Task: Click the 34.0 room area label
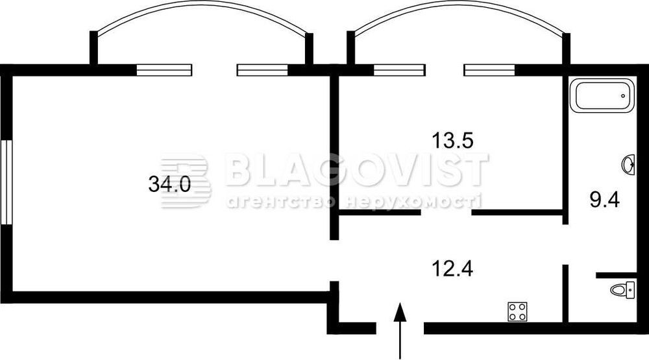[x=169, y=184]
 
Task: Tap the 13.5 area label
[x=452, y=140]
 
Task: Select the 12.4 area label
[x=452, y=269]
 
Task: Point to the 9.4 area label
[x=604, y=200]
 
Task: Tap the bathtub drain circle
[x=623, y=96]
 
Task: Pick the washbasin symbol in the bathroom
[x=628, y=165]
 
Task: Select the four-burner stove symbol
[x=518, y=311]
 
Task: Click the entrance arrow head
[x=399, y=311]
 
